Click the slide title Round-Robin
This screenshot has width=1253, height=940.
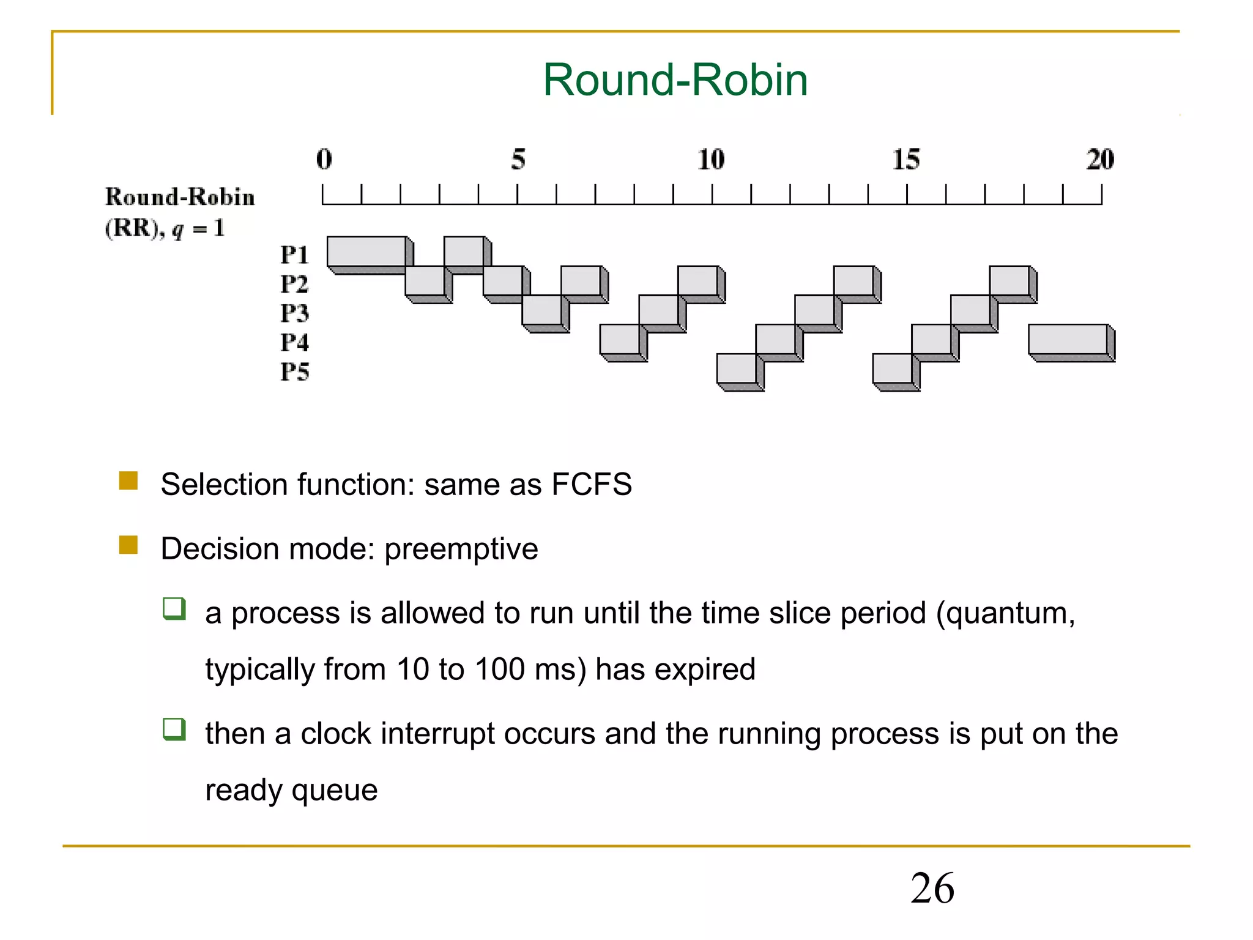point(675,80)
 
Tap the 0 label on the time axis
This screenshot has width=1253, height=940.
point(324,159)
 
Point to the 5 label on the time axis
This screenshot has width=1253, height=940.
point(518,159)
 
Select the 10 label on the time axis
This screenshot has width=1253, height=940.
point(711,159)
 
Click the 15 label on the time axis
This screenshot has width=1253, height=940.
point(906,159)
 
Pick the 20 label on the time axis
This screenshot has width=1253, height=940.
point(1100,159)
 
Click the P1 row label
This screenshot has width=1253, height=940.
point(294,255)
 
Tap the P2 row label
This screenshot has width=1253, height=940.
point(294,284)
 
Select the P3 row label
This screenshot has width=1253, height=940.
point(294,313)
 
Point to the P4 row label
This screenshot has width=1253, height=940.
point(294,342)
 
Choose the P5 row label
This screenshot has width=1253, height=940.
point(294,371)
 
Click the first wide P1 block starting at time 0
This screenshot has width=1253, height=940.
point(367,252)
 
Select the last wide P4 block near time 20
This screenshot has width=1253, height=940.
point(1068,340)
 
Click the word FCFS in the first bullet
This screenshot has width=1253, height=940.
point(591,485)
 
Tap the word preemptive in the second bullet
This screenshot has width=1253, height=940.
point(461,549)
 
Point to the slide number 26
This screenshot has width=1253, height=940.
point(932,888)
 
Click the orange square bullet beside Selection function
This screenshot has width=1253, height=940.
point(128,480)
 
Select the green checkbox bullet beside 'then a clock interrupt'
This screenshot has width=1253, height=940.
point(174,729)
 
